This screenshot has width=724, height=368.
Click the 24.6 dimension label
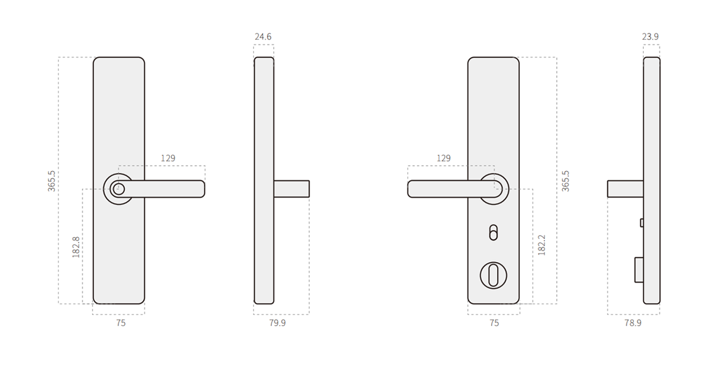(x=263, y=37)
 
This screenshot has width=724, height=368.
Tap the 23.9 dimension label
(x=650, y=37)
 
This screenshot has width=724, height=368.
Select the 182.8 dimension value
(x=76, y=247)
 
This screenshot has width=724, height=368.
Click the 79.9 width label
(x=277, y=323)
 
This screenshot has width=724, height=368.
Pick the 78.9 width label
(x=633, y=323)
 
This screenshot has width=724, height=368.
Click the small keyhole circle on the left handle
(x=118, y=189)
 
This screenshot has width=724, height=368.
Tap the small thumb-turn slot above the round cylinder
(x=493, y=232)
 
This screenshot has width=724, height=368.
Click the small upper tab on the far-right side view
(x=641, y=222)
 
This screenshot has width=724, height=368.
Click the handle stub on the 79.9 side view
(x=292, y=189)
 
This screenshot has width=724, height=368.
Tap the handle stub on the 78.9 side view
(x=625, y=189)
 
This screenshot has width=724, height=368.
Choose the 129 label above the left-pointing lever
(x=444, y=159)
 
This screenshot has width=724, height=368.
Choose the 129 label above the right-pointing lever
(x=168, y=159)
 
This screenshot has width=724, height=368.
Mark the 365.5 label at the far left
(x=52, y=181)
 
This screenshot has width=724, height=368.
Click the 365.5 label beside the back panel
(x=566, y=181)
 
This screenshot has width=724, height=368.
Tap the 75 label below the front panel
(x=120, y=323)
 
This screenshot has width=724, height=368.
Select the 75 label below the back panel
(x=494, y=323)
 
